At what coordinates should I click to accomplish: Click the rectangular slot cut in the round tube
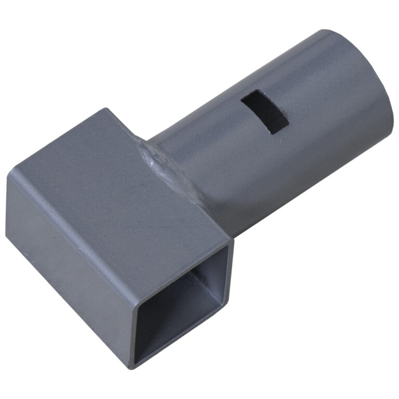265,111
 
